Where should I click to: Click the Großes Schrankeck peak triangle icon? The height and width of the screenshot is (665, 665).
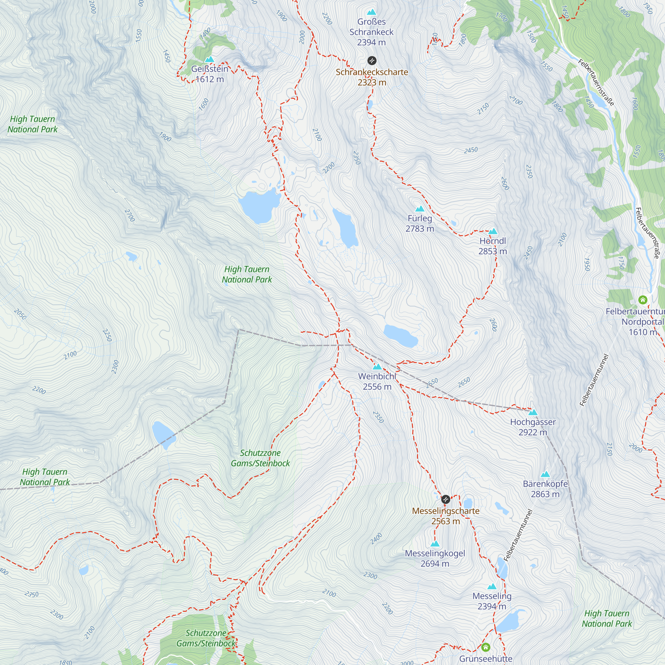coord(371,12)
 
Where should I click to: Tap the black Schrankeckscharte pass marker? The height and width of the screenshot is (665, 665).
coord(372,61)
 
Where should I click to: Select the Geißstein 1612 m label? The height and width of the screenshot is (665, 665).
coord(209,74)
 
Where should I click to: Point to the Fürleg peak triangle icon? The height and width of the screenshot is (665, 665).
coord(420,208)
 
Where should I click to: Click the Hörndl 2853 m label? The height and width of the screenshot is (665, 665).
coord(492,246)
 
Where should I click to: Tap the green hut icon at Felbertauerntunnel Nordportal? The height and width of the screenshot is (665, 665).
coord(643,300)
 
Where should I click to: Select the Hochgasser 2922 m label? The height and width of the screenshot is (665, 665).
coord(533,427)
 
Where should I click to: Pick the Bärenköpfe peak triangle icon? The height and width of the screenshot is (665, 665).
coord(545,474)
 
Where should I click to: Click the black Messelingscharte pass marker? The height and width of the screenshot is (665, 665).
coord(446,499)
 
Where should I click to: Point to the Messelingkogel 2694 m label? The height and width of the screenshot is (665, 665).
coord(435,558)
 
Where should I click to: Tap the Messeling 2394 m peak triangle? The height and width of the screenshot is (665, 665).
coord(492,586)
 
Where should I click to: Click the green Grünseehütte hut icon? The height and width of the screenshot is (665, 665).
coord(486,647)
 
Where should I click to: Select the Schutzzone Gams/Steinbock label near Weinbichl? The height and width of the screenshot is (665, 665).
coord(260,458)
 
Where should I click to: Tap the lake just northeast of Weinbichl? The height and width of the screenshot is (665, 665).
coord(400,335)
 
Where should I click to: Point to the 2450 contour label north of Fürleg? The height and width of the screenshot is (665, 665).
coord(470,150)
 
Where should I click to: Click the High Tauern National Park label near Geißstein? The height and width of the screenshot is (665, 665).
coord(32,124)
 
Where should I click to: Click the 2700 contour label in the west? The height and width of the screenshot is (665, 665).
coord(130,215)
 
